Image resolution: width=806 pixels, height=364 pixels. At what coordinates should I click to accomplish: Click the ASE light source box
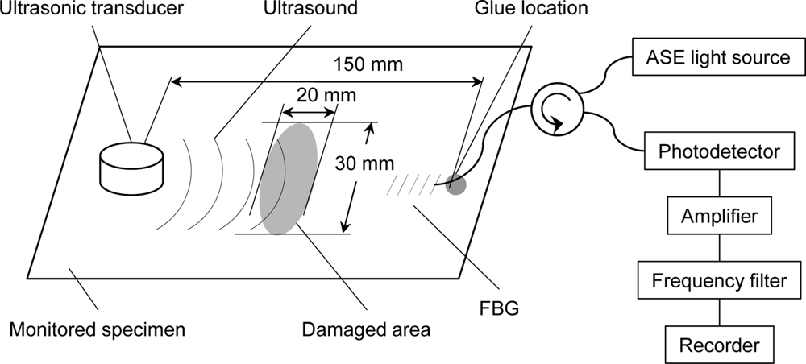pyautogui.click(x=718, y=58)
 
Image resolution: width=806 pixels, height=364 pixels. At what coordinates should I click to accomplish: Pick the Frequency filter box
pyautogui.click(x=718, y=280)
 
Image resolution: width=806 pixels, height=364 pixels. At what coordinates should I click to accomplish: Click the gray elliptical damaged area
pyautogui.click(x=288, y=179)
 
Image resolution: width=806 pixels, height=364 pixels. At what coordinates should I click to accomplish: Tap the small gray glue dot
pyautogui.click(x=456, y=184)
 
